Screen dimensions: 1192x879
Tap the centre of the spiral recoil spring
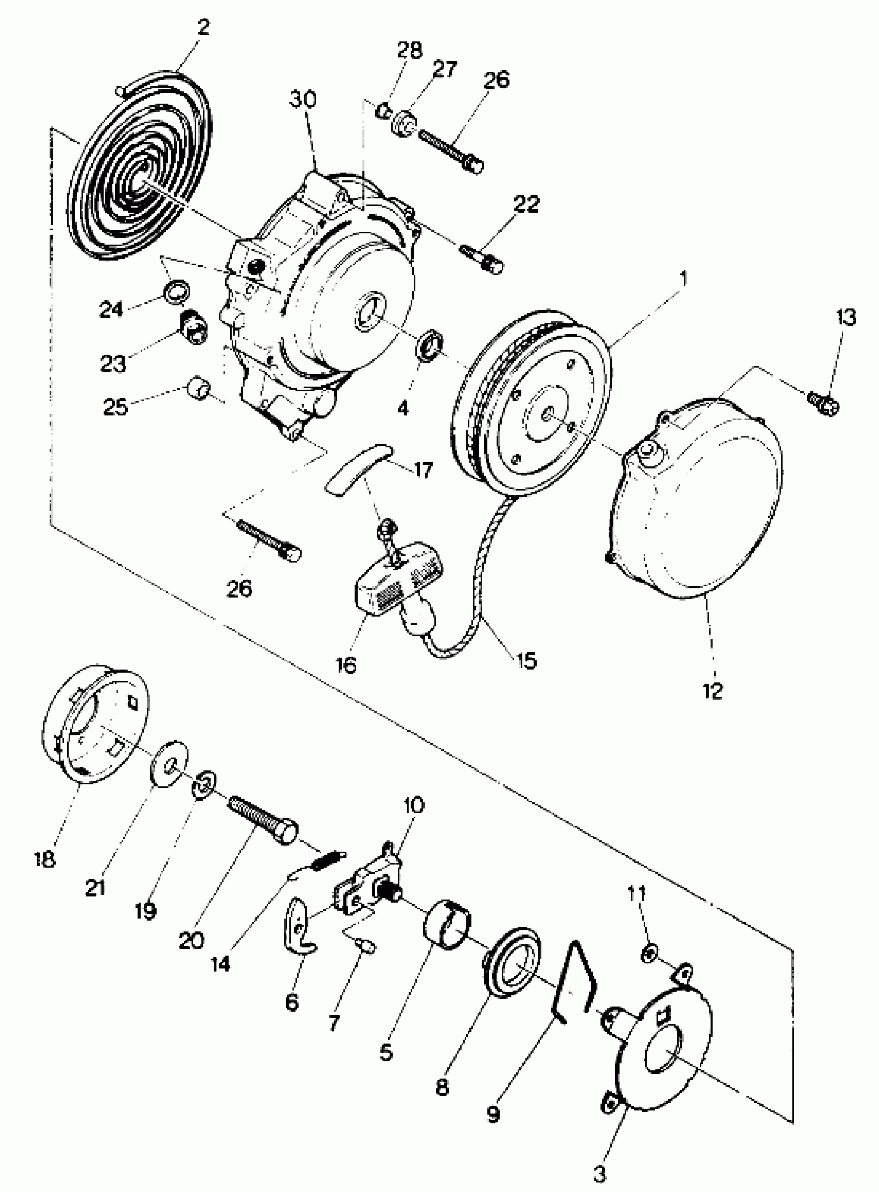point(140,180)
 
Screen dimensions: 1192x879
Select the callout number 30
point(303,99)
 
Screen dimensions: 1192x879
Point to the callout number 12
point(713,691)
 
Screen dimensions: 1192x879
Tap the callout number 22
point(526,204)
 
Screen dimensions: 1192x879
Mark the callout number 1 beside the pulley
point(683,278)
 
